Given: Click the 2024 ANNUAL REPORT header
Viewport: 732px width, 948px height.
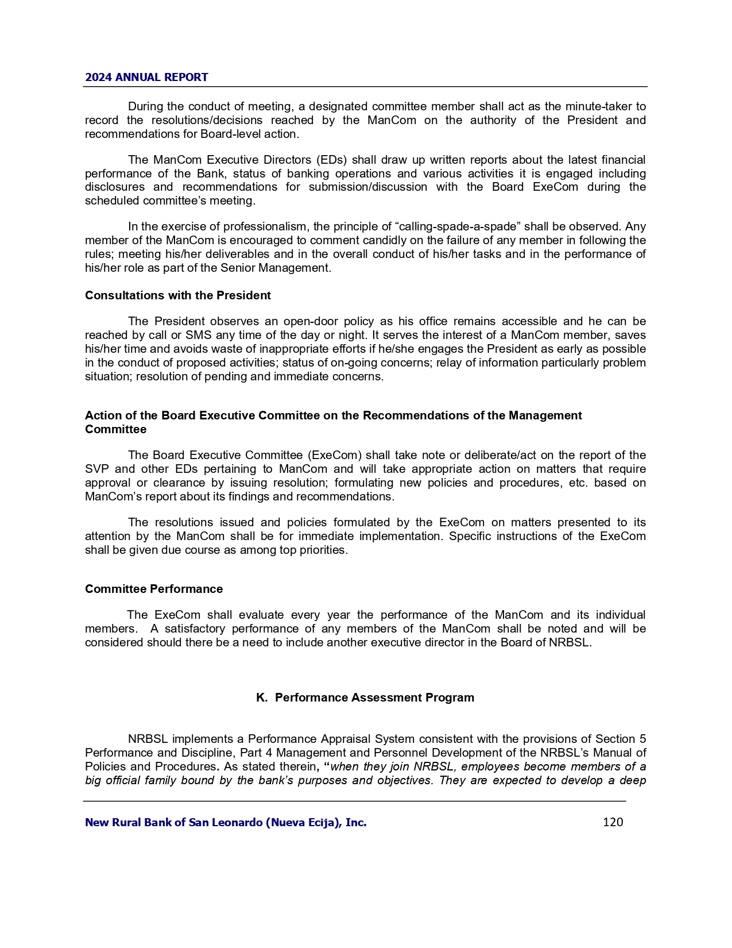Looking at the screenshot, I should pyautogui.click(x=146, y=77).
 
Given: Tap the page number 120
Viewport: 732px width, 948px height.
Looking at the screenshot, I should pyautogui.click(x=613, y=822).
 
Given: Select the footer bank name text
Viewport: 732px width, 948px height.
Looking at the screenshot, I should pyautogui.click(x=226, y=822).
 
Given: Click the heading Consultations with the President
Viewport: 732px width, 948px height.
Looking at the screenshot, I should pyautogui.click(x=178, y=295).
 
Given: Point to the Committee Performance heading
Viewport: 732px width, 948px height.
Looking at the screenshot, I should pyautogui.click(x=154, y=589).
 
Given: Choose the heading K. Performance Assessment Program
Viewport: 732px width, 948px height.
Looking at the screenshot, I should pyautogui.click(x=365, y=697).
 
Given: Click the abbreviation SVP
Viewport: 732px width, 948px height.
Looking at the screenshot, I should pyautogui.click(x=96, y=469).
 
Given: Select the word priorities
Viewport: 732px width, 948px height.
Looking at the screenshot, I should pyautogui.click(x=324, y=550).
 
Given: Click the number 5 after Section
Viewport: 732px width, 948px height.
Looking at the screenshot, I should pyautogui.click(x=642, y=739).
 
